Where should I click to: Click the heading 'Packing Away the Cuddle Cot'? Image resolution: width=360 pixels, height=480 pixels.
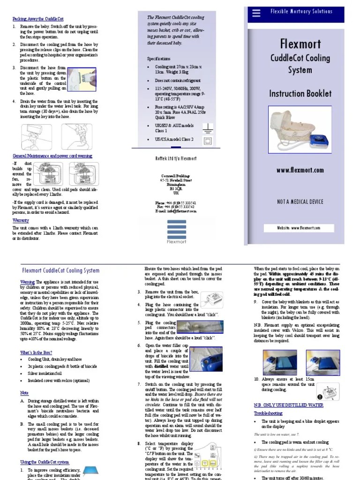[x=37, y=19]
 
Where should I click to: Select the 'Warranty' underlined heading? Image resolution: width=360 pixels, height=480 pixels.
[x=21, y=219]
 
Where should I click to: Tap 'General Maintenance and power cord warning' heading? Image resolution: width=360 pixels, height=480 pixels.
[x=52, y=156]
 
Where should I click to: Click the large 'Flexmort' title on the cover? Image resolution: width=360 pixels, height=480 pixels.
[x=300, y=45]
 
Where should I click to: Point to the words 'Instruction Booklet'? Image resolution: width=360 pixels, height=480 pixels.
[x=300, y=93]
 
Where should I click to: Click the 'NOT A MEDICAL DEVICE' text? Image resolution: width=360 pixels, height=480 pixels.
[x=300, y=202]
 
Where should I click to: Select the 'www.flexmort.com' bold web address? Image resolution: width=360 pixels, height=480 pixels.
[x=300, y=170]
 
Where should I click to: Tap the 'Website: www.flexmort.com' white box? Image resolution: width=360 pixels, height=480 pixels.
[x=299, y=228]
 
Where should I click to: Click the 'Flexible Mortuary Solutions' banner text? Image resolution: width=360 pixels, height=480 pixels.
[x=308, y=11]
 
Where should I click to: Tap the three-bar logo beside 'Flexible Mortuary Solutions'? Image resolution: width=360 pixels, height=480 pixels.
[x=256, y=13]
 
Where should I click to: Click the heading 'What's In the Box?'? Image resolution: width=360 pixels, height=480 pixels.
[x=36, y=352]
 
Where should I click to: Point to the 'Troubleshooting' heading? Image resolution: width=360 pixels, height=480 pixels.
[x=268, y=413]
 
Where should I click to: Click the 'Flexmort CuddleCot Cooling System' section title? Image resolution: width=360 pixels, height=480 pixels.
[x=61, y=270]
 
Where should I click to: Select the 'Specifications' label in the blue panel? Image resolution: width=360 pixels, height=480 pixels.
[x=159, y=59]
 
